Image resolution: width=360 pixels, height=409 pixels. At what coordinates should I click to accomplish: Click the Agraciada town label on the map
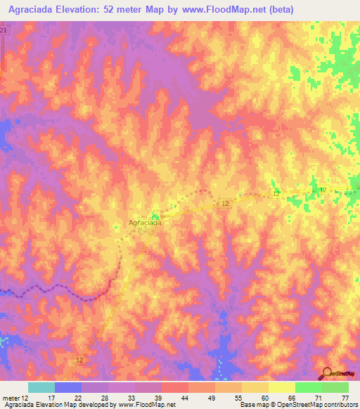[x=146, y=223]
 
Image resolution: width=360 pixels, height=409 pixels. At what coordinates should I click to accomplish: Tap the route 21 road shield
[x=4, y=32]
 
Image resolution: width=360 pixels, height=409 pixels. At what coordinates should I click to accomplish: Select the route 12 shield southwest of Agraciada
[x=79, y=359]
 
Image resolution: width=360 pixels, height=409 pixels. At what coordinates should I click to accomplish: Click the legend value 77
[x=345, y=398]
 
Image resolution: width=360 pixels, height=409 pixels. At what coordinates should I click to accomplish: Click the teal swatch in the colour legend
[x=41, y=387]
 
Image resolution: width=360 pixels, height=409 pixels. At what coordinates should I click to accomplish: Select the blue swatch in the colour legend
[x=68, y=387]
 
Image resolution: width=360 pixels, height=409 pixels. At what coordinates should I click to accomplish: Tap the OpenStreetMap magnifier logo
[x=326, y=372]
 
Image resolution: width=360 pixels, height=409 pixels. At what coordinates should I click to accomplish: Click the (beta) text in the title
[x=279, y=9]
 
